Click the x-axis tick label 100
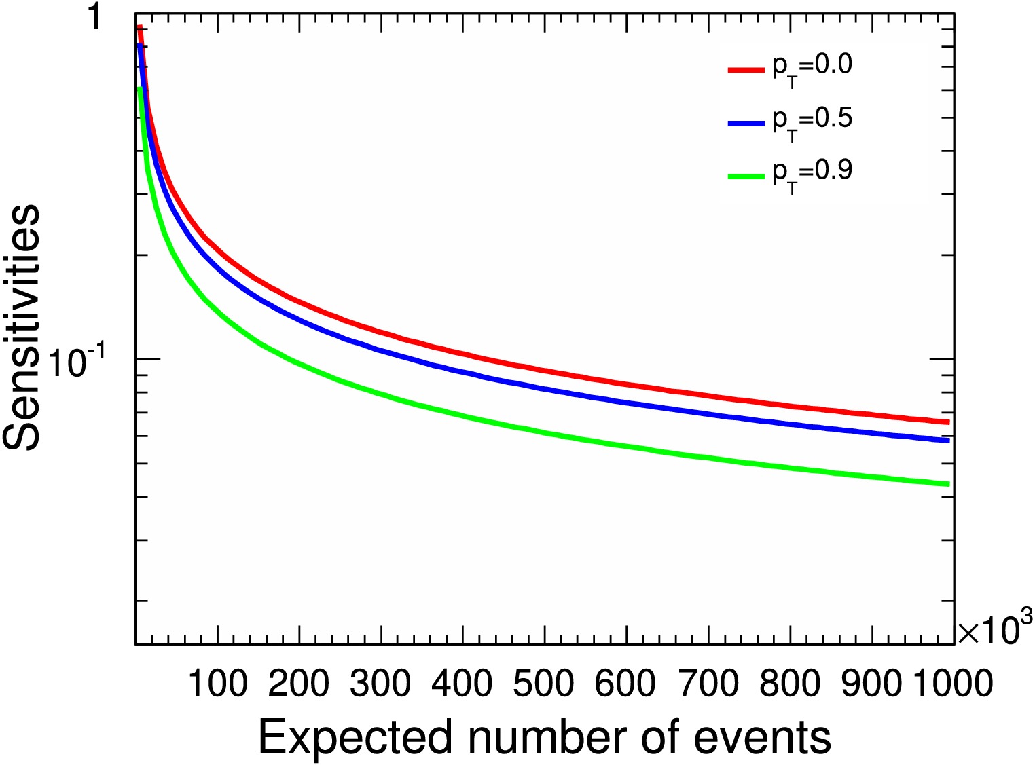click(217, 683)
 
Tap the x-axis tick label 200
click(299, 683)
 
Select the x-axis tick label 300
click(380, 683)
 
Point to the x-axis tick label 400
click(462, 683)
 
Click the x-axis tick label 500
click(544, 683)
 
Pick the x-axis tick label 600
click(625, 683)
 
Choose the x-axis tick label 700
click(708, 683)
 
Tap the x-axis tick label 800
click(790, 683)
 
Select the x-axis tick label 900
click(871, 683)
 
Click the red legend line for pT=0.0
click(746, 69)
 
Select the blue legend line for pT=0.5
click(746, 123)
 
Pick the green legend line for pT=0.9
click(746, 176)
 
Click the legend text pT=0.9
click(812, 173)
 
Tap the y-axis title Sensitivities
click(22, 327)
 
